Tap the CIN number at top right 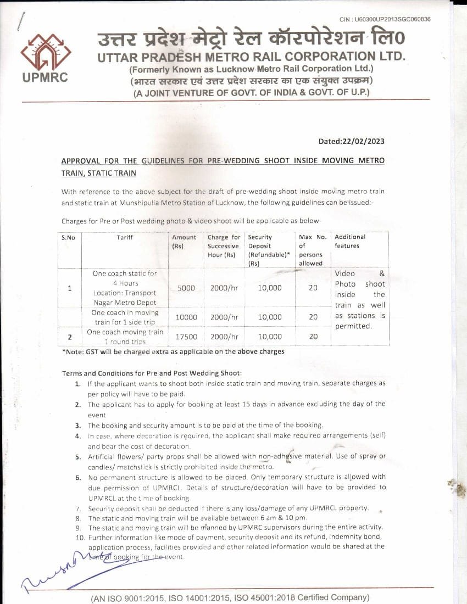pyautogui.click(x=385, y=19)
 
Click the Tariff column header pyautogui.click(x=125, y=237)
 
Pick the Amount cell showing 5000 pyautogui.click(x=186, y=288)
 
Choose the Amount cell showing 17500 pyautogui.click(x=186, y=337)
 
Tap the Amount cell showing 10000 pyautogui.click(x=186, y=317)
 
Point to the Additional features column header pyautogui.click(x=350, y=242)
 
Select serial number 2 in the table pyautogui.click(x=70, y=337)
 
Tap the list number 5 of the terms pyautogui.click(x=78, y=457)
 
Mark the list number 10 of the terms pyautogui.click(x=80, y=536)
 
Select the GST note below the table pyautogui.click(x=173, y=351)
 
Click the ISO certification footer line pyautogui.click(x=230, y=597)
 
